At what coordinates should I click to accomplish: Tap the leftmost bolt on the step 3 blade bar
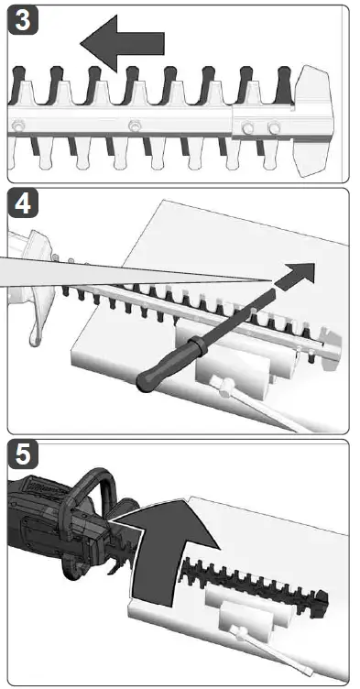point(17,125)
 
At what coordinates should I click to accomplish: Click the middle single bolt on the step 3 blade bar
point(135,125)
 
